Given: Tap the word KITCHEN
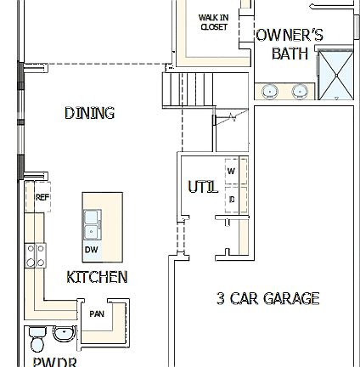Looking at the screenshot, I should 97,278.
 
